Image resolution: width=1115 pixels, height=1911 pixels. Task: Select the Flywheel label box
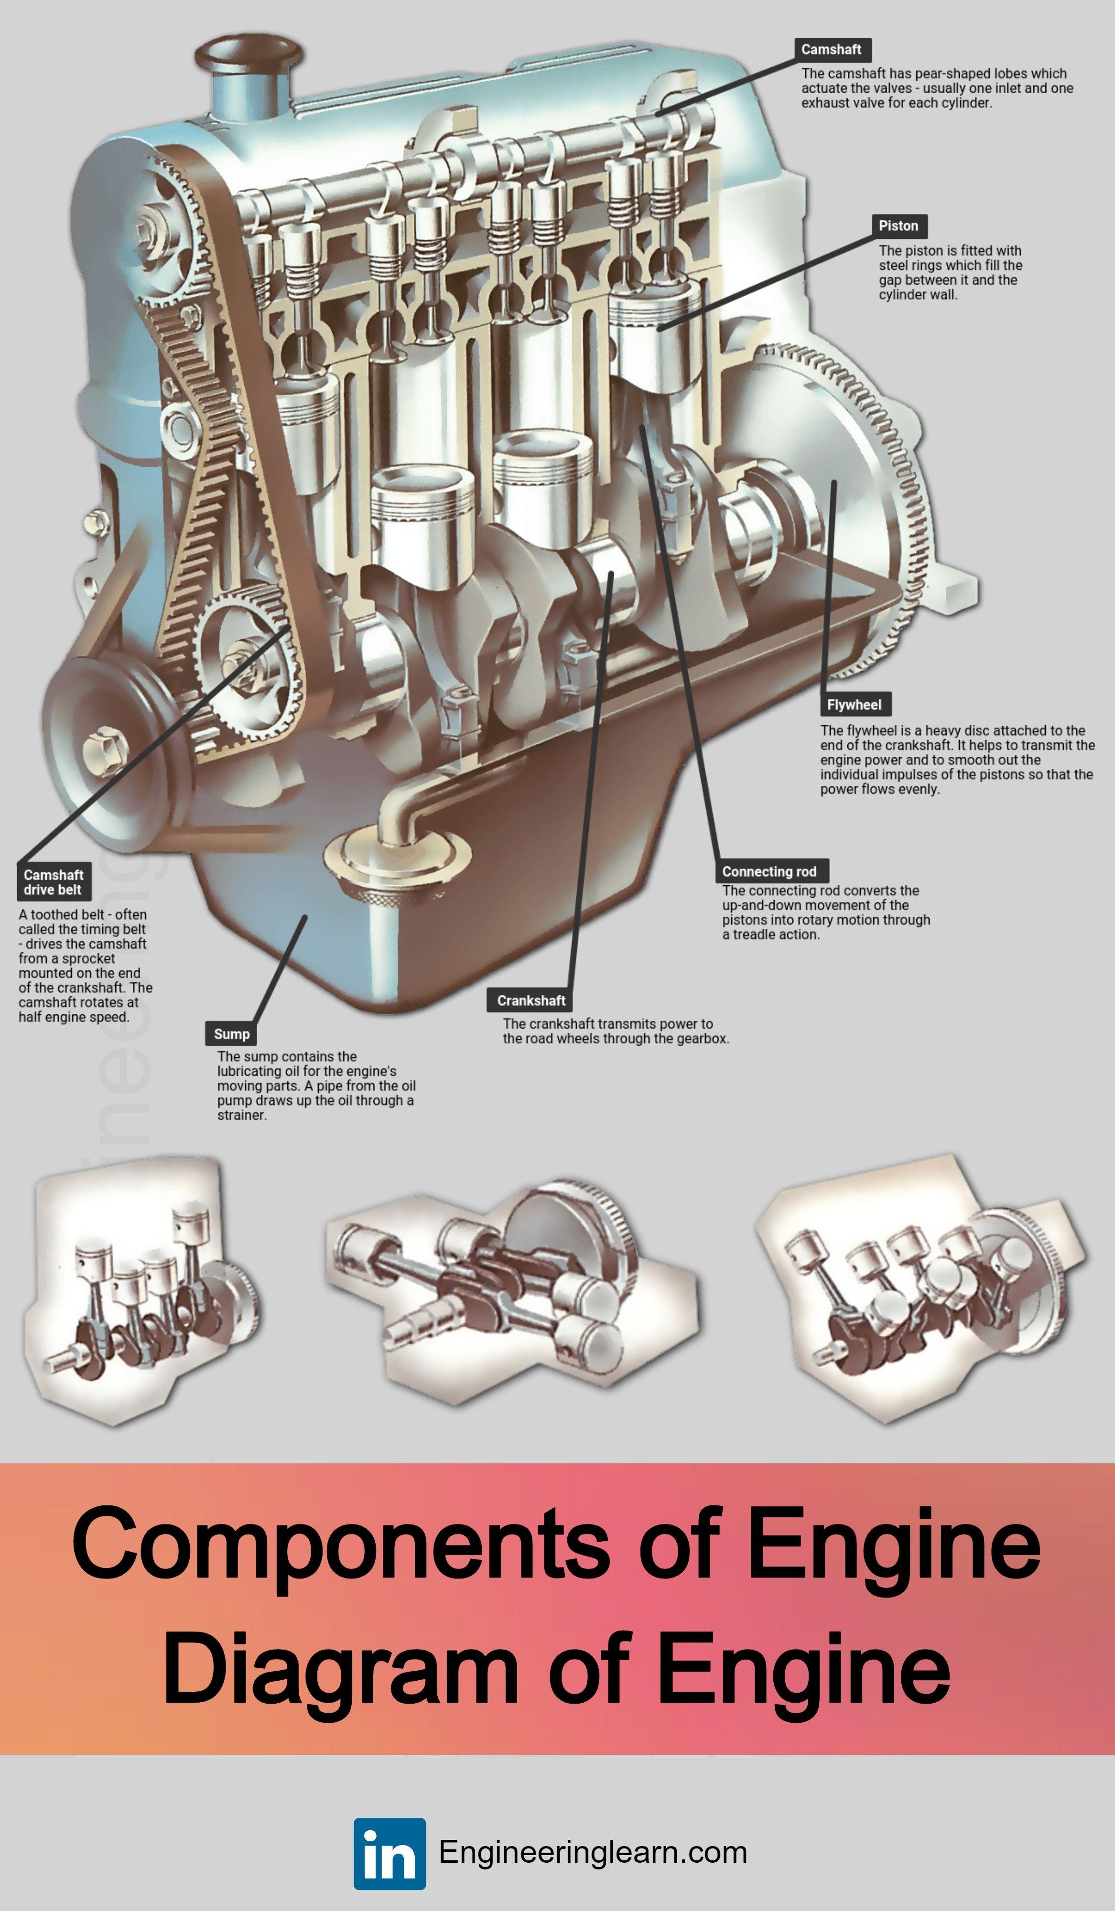click(x=854, y=705)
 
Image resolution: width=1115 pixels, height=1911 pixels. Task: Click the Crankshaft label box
click(x=531, y=1001)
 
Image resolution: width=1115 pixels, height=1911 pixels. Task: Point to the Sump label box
click(x=231, y=1033)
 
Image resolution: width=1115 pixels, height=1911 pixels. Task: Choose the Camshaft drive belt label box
click(x=53, y=882)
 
